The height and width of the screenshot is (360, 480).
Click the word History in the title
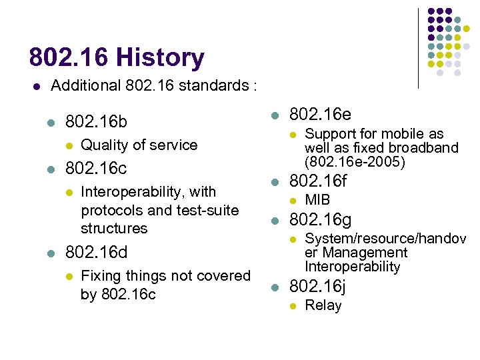160,58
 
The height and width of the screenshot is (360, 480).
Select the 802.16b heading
96,123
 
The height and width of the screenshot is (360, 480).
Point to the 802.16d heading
96,253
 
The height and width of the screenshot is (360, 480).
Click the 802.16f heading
318,181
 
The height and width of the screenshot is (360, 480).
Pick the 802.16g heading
320,220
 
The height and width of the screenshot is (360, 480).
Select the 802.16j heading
317,287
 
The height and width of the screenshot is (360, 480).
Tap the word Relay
323,306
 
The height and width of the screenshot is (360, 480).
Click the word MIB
317,200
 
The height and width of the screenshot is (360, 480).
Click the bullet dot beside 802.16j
275,288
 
